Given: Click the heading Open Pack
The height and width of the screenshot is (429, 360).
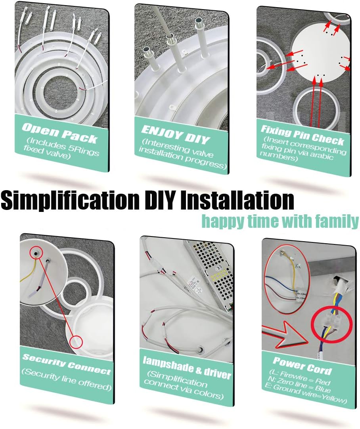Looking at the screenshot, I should (x=59, y=132).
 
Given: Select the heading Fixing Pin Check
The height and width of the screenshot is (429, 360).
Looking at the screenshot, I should (x=302, y=134).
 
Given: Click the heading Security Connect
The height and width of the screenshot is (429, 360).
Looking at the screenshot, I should (x=66, y=364).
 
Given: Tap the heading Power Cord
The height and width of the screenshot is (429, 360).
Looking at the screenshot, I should (x=302, y=365).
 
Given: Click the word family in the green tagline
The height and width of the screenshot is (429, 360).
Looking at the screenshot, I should (x=336, y=221).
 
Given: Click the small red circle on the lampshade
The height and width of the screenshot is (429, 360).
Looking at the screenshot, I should (x=76, y=341).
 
